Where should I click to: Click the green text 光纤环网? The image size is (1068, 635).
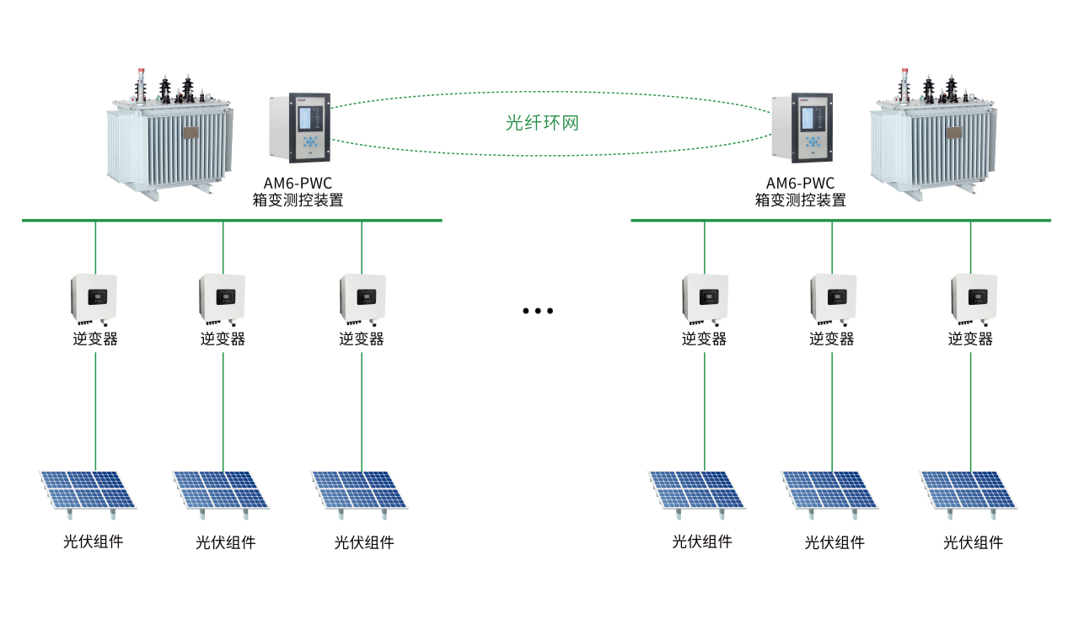point(542,123)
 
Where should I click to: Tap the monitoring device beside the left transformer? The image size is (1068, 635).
point(299,128)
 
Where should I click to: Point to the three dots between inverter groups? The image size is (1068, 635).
point(538,311)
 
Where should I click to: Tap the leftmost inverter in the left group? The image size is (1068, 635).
point(94,298)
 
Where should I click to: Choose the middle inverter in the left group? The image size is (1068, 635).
point(223,298)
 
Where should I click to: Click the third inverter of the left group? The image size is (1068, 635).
point(362,298)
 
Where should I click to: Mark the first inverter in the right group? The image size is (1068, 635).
point(706,298)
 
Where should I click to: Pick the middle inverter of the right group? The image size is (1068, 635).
point(834,298)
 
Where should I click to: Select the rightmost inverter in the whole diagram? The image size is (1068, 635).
point(974,298)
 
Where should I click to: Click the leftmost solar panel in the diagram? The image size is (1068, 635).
point(88,490)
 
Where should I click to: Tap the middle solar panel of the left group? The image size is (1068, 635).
point(221,490)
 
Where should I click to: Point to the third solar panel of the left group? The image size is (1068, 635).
point(360,490)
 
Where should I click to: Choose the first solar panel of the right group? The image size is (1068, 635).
point(697,490)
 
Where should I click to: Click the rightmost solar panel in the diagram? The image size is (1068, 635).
point(969,490)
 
